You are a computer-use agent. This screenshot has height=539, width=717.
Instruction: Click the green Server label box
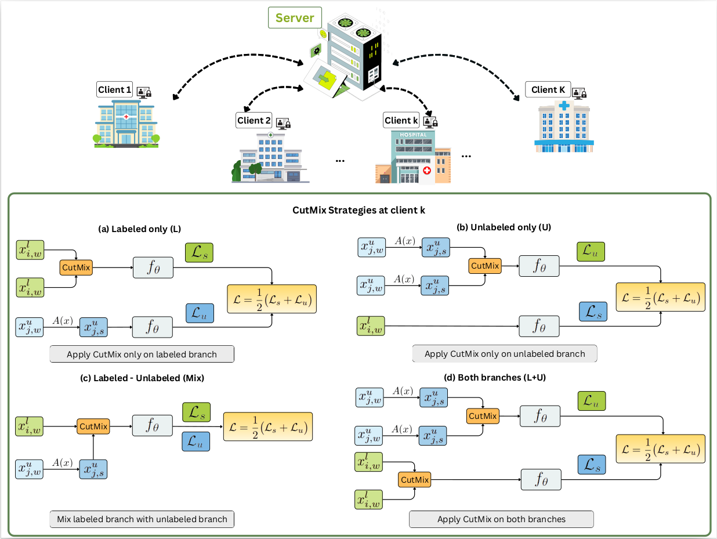295,17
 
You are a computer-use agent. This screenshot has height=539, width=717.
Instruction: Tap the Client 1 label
114,89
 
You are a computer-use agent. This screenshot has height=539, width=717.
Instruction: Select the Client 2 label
254,120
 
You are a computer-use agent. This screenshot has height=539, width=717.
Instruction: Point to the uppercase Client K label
548,89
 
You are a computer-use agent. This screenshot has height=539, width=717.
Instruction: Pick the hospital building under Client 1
126,124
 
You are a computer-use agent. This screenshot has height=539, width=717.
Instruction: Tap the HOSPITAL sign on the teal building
413,135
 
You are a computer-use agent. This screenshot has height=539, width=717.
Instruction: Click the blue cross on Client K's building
564,106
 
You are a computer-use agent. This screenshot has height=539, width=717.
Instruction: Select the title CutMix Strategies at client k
358,210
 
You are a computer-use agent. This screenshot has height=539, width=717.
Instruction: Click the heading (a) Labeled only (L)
139,229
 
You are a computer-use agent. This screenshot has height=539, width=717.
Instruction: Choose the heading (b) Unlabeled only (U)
504,227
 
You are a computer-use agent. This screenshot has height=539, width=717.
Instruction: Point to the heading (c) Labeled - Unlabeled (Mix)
142,378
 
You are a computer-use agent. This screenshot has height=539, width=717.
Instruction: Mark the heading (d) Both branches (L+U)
495,378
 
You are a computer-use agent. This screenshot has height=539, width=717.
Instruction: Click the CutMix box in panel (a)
76,267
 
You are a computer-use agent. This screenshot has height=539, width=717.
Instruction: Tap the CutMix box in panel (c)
93,426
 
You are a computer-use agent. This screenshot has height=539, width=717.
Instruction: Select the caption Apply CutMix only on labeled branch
142,354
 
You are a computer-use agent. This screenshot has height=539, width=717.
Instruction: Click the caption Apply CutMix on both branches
501,519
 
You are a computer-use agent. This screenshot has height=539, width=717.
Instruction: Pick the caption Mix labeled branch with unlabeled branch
142,519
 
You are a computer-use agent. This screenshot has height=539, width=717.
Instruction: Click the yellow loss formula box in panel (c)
268,426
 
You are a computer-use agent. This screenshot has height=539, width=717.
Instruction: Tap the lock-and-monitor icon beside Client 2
283,124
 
